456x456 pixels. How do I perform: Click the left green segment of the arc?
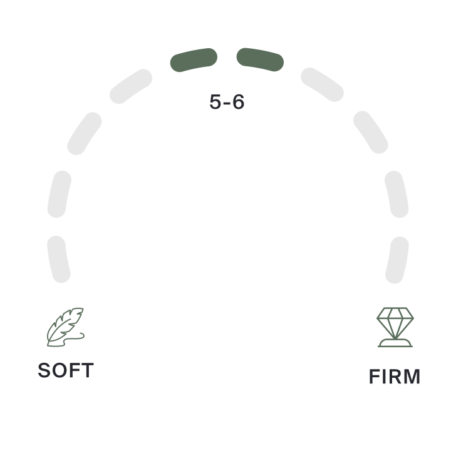194,60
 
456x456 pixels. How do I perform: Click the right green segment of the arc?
260,59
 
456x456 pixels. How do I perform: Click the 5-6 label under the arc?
227,102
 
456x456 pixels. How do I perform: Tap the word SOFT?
66,370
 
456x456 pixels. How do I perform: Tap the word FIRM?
395,377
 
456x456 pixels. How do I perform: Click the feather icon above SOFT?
66,327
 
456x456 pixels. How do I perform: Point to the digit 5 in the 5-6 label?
215,102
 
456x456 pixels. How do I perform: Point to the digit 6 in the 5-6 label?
237,102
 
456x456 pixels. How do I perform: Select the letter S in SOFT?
44,370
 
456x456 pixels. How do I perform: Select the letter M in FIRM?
412,377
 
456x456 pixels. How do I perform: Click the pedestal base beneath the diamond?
395,342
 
